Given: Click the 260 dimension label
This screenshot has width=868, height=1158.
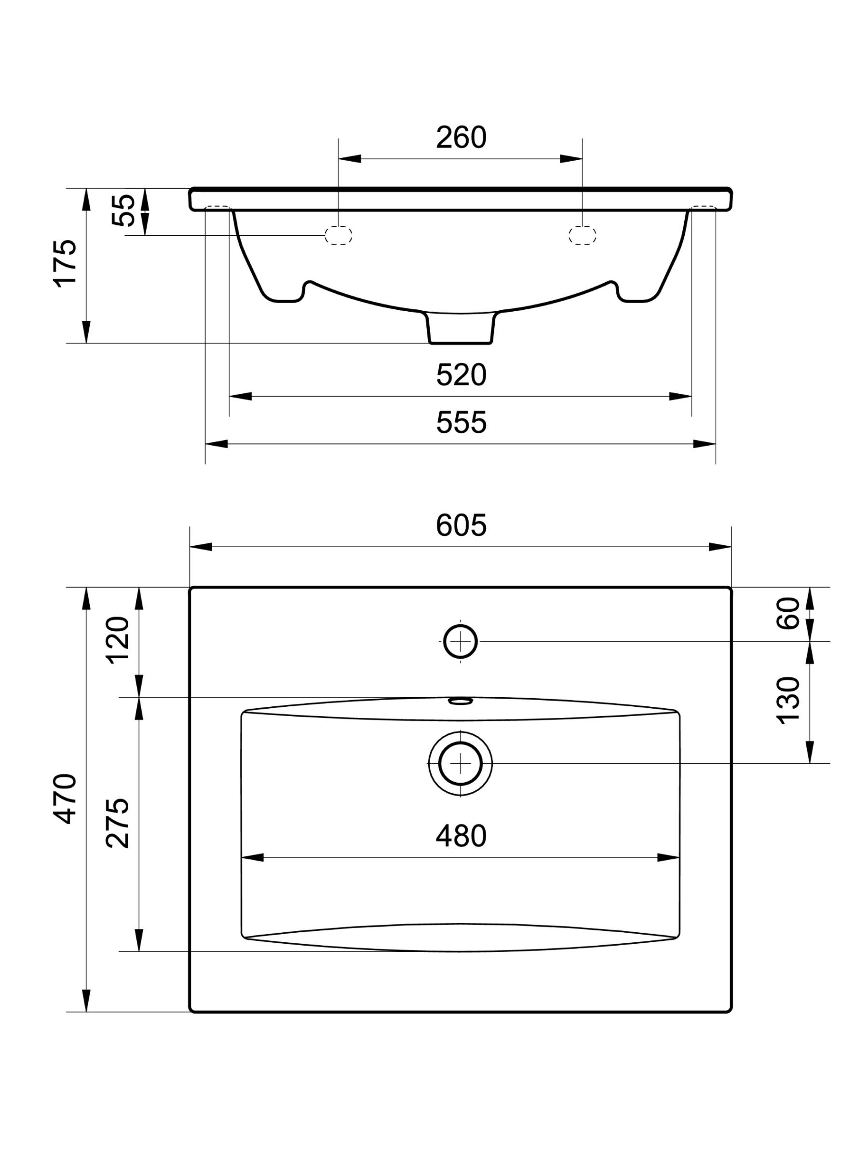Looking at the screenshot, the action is [x=461, y=138].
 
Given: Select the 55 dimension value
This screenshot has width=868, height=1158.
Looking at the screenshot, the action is [x=124, y=210].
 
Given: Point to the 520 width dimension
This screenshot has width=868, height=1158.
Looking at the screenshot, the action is [x=461, y=375].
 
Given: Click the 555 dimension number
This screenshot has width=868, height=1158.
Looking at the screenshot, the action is [x=461, y=423].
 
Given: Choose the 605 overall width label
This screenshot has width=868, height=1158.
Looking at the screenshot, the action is [x=461, y=525].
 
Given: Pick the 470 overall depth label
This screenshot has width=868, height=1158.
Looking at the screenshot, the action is [x=66, y=799].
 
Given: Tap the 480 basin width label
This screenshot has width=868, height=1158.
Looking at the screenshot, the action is [x=461, y=836].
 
